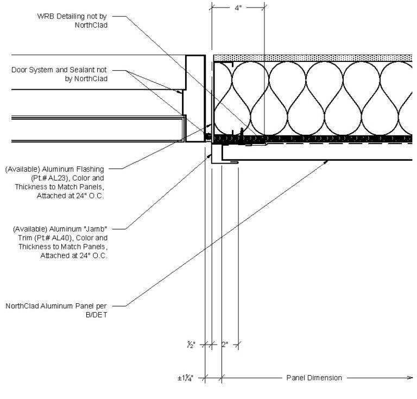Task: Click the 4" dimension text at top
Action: pos(238,8)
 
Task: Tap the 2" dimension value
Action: pos(225,344)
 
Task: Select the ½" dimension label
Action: pos(191,344)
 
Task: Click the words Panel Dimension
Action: pos(314,378)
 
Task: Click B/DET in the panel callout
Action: pos(97,314)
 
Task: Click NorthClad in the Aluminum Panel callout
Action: pos(22,306)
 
